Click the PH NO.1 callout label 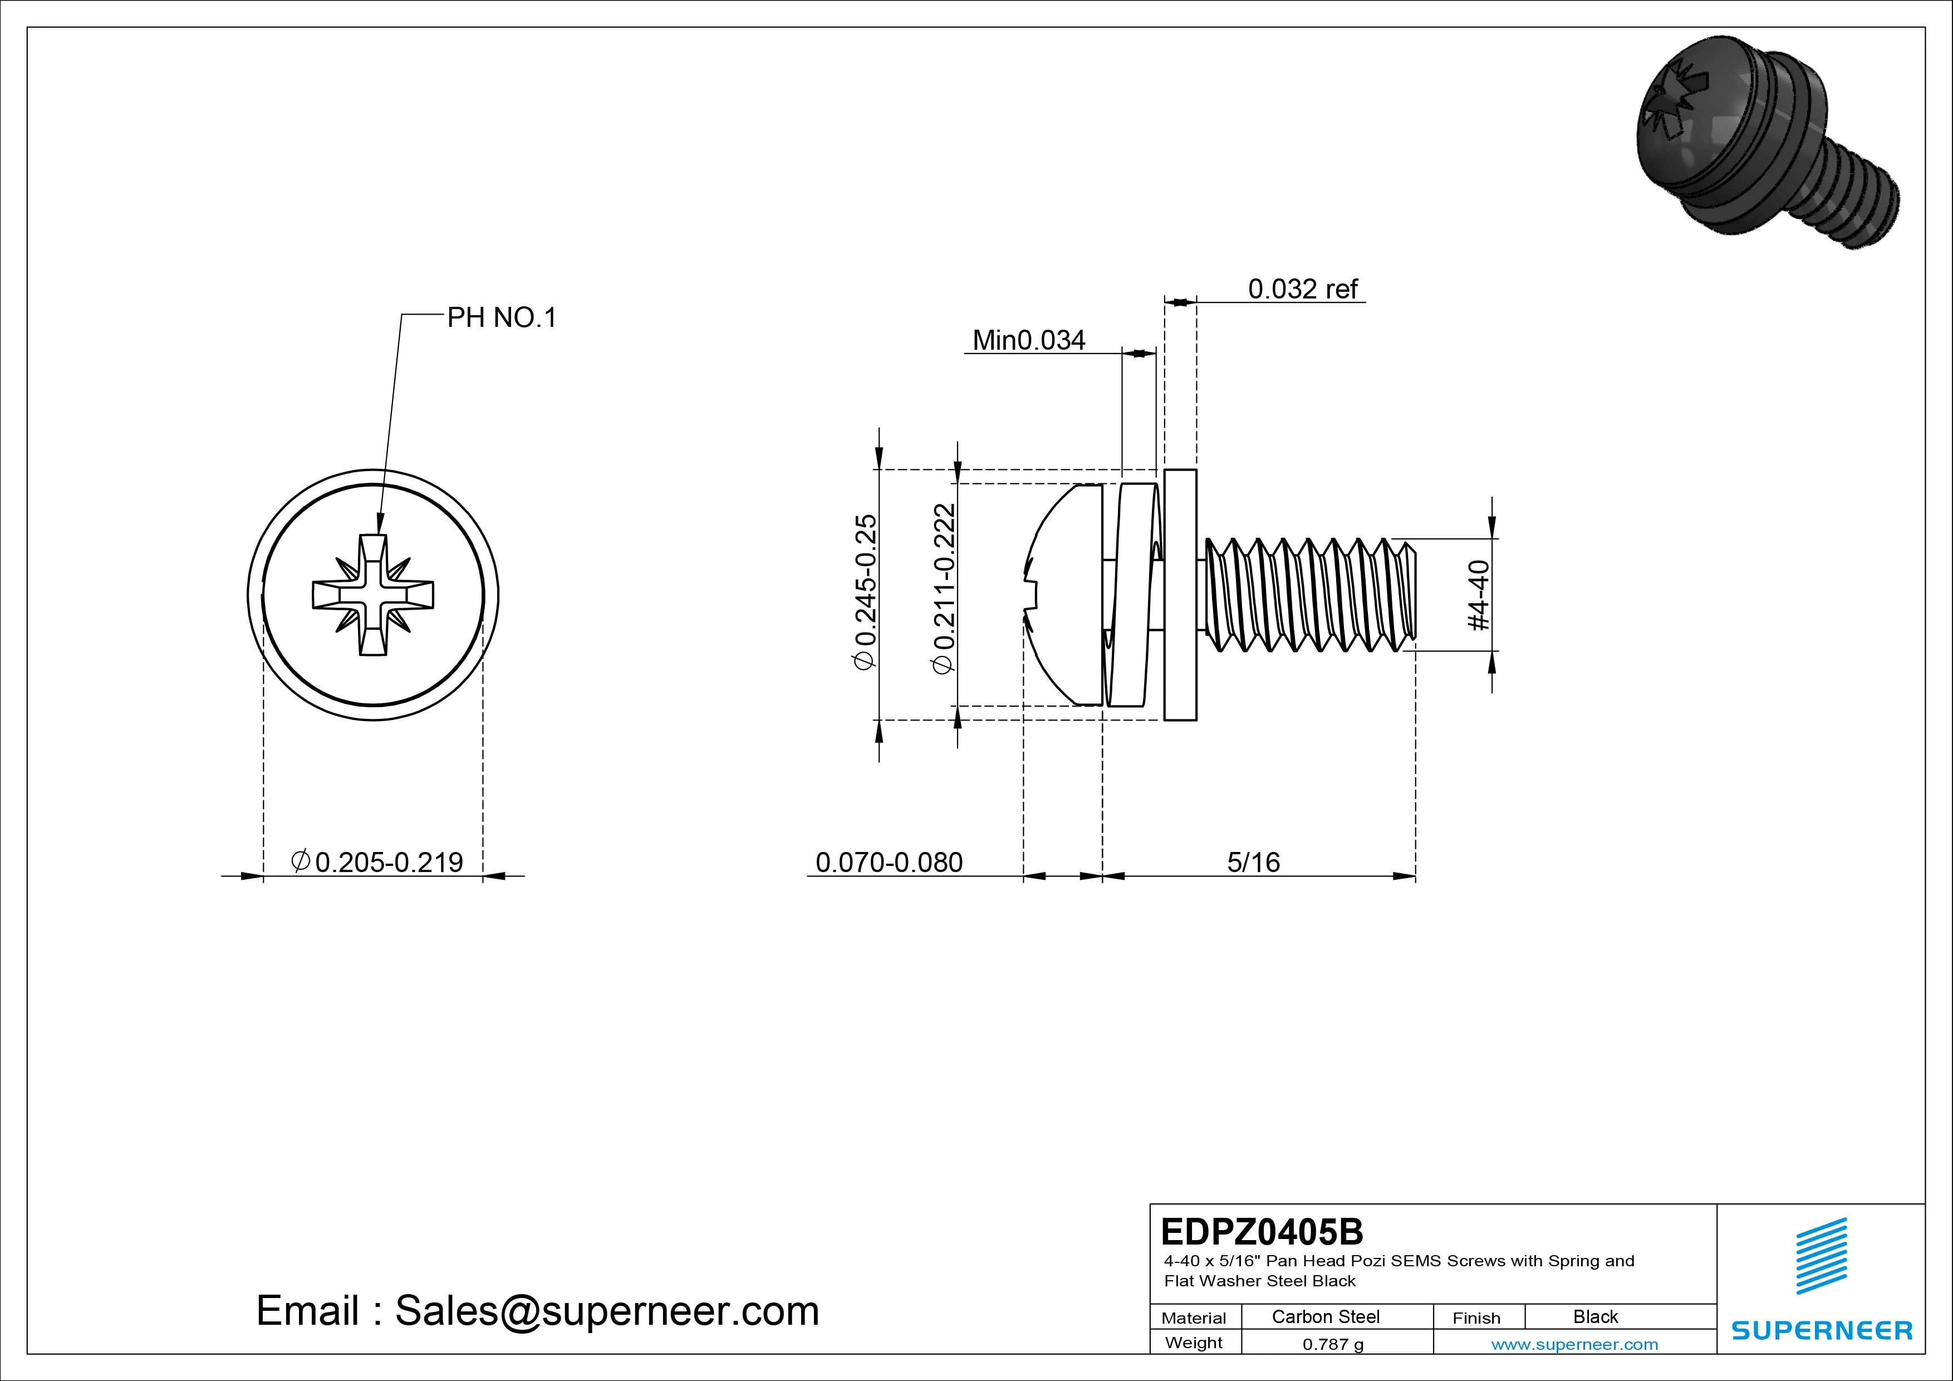501,318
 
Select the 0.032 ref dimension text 1302,290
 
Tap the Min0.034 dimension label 1028,340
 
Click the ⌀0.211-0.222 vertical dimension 944,589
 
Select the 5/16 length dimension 1253,862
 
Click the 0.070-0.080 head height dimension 889,862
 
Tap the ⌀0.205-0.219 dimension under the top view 377,862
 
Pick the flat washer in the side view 1180,595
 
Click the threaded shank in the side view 1310,595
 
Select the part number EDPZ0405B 1262,1231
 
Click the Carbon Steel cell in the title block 1325,1316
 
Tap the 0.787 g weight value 1333,1344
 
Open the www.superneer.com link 1574,1344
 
